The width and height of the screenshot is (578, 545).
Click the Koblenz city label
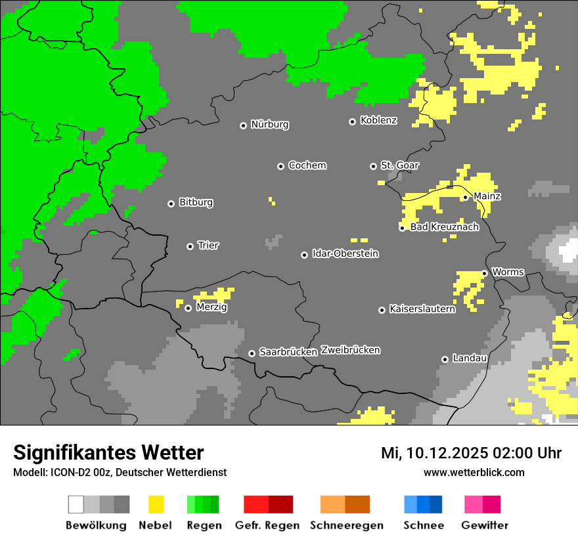(x=378, y=120)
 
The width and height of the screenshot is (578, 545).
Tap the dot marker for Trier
(x=190, y=246)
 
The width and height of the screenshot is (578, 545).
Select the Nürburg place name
(x=269, y=124)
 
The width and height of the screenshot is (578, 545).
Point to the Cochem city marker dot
(x=280, y=166)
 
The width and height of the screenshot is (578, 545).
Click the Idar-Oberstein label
(x=345, y=253)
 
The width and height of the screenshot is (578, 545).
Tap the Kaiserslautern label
(x=422, y=309)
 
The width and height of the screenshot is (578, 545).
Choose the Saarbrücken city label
(x=288, y=352)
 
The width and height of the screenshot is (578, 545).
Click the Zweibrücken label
(x=350, y=350)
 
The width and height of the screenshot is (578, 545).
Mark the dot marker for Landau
(x=445, y=359)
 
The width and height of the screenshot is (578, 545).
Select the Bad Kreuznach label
(x=444, y=227)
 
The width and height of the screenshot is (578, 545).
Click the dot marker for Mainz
(x=465, y=197)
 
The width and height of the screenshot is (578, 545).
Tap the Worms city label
(x=508, y=272)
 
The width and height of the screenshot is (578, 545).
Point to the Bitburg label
(x=196, y=202)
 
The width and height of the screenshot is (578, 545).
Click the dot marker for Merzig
(x=188, y=308)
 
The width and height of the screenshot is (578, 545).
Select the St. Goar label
(x=399, y=165)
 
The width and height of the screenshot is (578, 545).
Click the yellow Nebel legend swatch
(x=156, y=504)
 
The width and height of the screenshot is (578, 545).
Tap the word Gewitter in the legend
(x=484, y=525)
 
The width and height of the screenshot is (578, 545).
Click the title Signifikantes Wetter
(x=108, y=452)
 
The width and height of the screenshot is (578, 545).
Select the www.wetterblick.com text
(x=474, y=472)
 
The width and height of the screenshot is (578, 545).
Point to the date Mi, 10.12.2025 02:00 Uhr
(x=471, y=453)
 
